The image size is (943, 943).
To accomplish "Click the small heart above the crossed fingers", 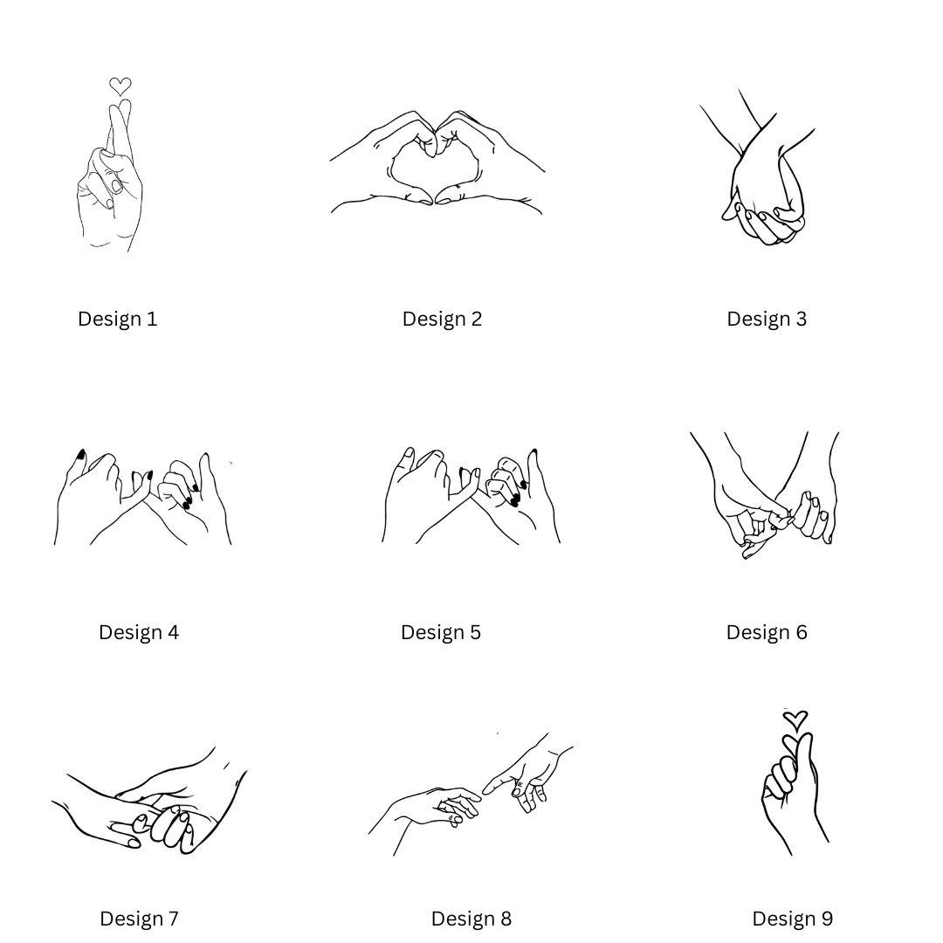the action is (x=120, y=86).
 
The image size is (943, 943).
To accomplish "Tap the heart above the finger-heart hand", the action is (x=795, y=720).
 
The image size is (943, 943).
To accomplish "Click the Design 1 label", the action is (x=117, y=319).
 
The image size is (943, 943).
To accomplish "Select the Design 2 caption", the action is (x=442, y=319).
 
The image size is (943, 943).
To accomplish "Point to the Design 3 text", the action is (x=767, y=319).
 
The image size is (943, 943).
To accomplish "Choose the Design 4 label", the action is (x=139, y=633).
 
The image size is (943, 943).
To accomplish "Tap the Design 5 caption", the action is (x=441, y=633).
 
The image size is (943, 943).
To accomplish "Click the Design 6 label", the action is (x=767, y=633).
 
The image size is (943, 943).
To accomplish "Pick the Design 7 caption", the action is (x=139, y=919).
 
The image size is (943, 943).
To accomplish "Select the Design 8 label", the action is (x=471, y=919).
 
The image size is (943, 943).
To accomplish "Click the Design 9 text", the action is (x=793, y=919).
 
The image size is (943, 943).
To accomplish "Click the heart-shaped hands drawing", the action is (x=437, y=162).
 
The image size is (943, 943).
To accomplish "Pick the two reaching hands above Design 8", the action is (x=471, y=794).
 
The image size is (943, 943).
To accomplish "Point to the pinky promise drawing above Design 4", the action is (x=143, y=497).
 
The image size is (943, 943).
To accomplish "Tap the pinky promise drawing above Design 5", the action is (x=471, y=496).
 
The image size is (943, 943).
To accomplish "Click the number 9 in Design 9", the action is (x=827, y=919).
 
